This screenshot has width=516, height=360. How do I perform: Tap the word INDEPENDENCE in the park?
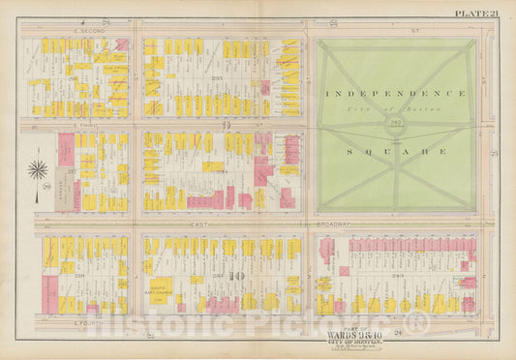click(395, 94)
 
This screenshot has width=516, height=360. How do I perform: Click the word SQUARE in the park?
click(395, 152)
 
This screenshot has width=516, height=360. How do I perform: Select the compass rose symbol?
click(38, 171)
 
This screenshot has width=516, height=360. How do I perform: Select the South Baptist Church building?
click(163, 285)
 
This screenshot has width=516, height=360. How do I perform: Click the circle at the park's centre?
click(395, 124)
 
